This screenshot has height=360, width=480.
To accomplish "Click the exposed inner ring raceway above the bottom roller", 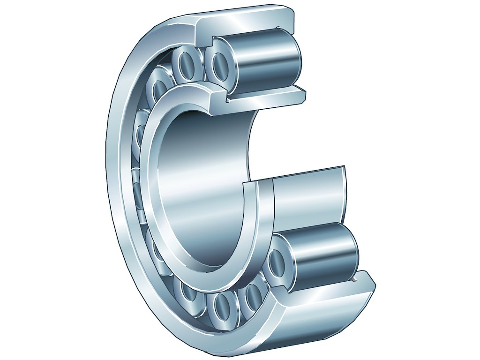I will pos(309,197).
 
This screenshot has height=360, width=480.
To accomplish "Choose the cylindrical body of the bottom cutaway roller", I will pos(323,255).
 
